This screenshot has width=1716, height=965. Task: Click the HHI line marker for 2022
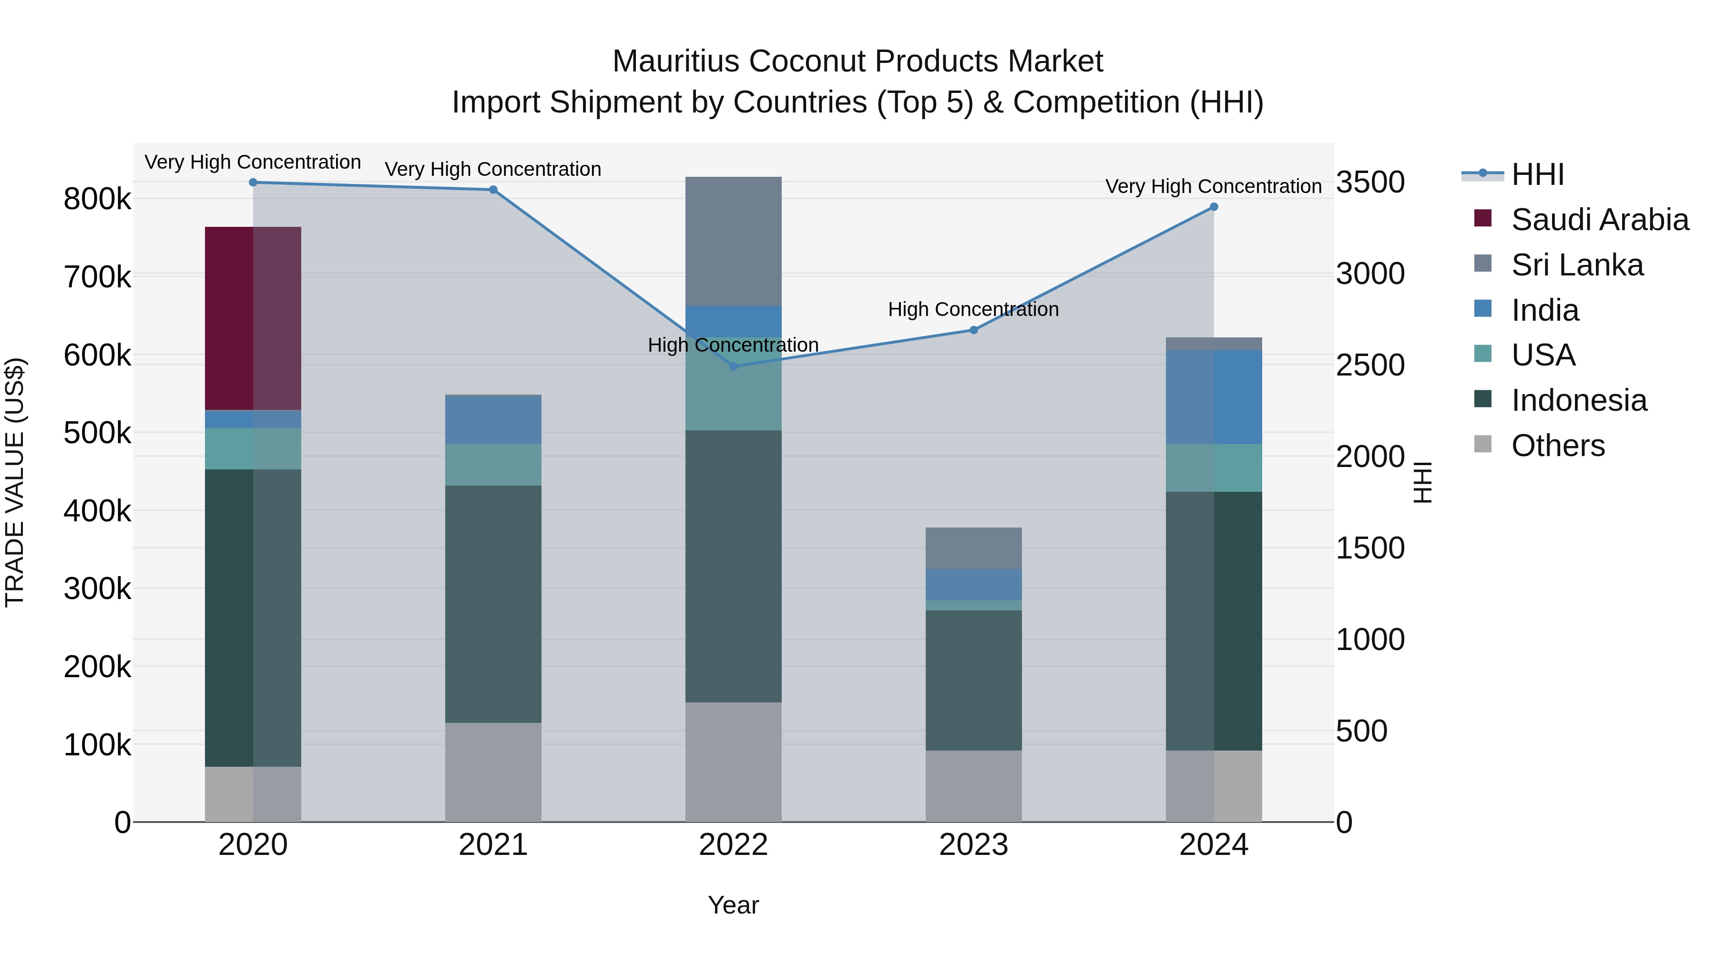(x=734, y=366)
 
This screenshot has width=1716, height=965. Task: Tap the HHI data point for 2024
(x=1214, y=207)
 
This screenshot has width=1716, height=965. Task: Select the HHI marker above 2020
(x=253, y=183)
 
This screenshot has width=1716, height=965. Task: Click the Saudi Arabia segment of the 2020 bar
(x=253, y=318)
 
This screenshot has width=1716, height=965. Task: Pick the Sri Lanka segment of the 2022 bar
(x=734, y=241)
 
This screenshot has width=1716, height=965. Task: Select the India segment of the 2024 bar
(x=1214, y=397)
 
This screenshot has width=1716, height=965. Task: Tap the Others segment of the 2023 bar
(x=973, y=786)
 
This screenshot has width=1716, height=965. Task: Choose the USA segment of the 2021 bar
(x=493, y=465)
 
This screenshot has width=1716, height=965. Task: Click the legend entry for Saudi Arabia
(x=1599, y=220)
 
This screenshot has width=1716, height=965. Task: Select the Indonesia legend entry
(x=1579, y=400)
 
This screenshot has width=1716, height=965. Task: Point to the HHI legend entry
(x=1537, y=174)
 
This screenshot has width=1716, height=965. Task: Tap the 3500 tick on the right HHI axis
(x=1370, y=183)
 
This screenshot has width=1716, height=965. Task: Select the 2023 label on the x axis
(x=973, y=845)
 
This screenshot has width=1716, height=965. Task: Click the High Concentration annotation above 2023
(x=973, y=310)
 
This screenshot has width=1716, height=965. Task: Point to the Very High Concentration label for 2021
(x=493, y=169)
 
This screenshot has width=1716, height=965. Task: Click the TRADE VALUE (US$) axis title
(x=15, y=482)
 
